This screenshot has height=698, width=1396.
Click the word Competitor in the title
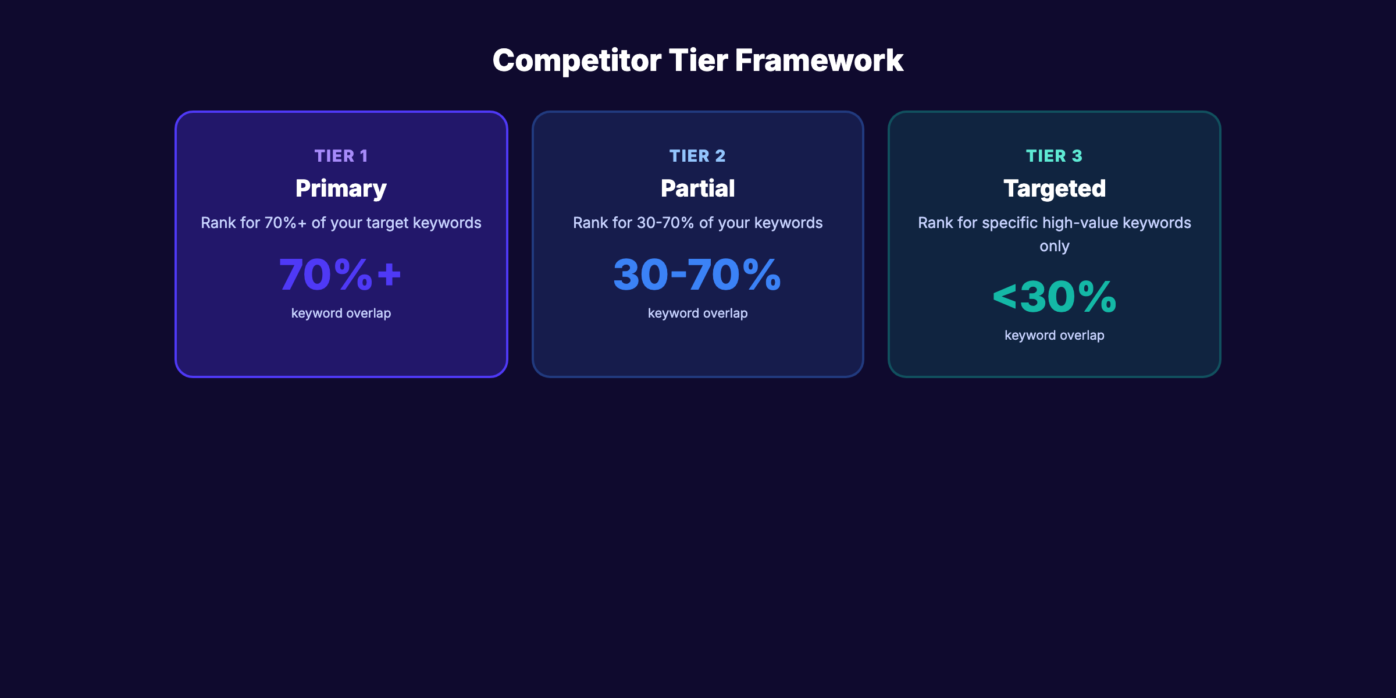point(576,60)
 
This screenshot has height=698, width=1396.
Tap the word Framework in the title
point(819,60)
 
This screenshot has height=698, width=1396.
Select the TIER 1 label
point(341,156)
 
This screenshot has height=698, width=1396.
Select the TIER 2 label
point(697,156)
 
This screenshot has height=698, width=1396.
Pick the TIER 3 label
point(1054,156)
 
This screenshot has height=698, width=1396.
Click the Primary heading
point(341,188)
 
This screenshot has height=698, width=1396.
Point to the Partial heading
point(697,188)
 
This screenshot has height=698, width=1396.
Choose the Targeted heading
point(1054,188)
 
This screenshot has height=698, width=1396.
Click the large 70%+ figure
point(340,275)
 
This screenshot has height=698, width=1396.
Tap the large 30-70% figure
point(697,275)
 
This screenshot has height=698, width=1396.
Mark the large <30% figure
point(1054,297)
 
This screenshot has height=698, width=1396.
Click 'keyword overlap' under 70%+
point(341,313)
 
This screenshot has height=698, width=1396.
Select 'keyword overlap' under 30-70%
point(697,313)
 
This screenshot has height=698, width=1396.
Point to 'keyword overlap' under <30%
point(1054,335)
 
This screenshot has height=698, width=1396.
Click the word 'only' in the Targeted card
point(1054,246)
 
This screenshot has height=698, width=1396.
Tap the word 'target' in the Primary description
point(387,223)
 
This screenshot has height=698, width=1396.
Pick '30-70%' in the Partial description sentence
point(665,223)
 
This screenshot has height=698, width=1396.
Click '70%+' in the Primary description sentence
point(285,223)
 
